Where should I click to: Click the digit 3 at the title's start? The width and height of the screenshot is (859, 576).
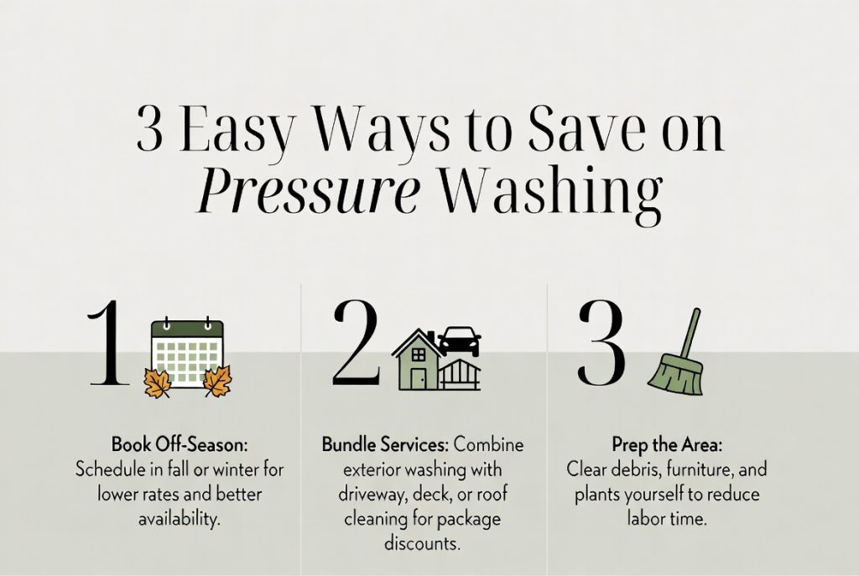click(x=150, y=132)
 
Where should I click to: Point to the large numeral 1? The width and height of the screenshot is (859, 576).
click(x=109, y=346)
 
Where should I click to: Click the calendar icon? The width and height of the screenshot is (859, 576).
click(x=186, y=352)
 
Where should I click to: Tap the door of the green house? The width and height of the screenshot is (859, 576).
click(x=419, y=378)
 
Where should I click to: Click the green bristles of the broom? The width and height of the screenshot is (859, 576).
click(x=676, y=374)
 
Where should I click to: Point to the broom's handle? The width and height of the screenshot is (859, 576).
click(x=690, y=331)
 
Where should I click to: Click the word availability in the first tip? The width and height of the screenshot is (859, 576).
click(x=180, y=519)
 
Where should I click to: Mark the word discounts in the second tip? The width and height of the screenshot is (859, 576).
click(x=421, y=544)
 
